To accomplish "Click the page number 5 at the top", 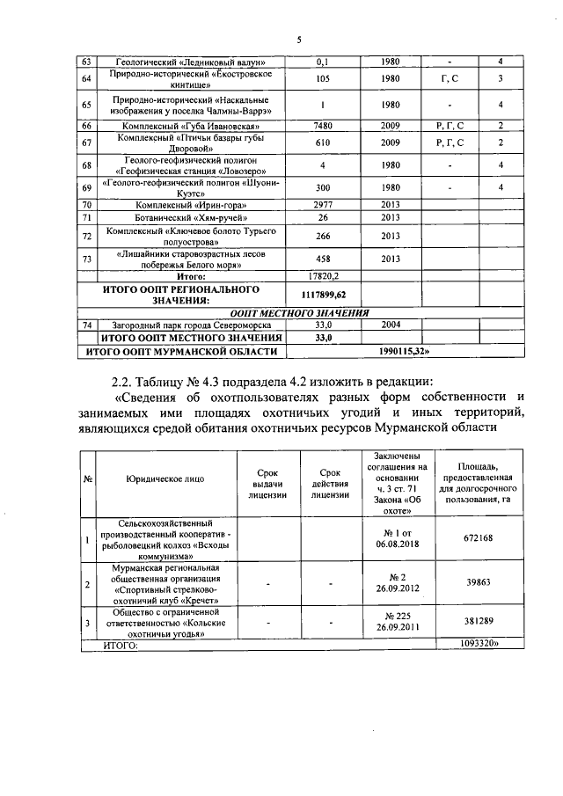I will [x=298, y=40].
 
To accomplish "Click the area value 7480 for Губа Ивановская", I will [x=322, y=127].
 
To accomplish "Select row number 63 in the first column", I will [x=86, y=62].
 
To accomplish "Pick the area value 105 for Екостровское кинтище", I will [x=322, y=79].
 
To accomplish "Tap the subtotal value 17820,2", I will [x=322, y=275].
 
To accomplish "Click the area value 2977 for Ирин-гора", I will [x=322, y=204].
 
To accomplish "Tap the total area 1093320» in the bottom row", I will [x=479, y=645].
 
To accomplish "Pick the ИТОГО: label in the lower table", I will [x=122, y=645].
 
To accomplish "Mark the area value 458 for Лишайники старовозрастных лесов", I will [x=322, y=259].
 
